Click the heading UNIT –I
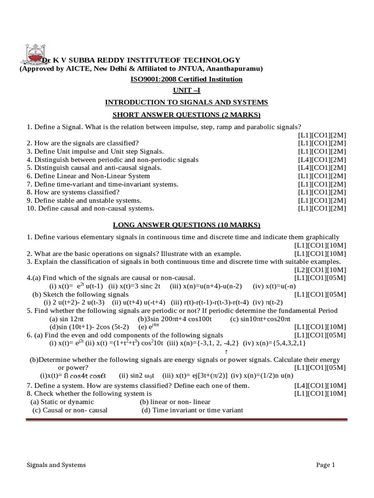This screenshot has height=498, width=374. [x=187, y=90]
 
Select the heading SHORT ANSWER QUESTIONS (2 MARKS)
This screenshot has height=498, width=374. [x=187, y=114]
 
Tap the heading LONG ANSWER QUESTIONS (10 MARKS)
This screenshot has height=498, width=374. [x=187, y=225]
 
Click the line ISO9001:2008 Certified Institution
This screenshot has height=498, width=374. [x=187, y=79]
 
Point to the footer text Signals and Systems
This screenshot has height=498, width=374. [x=56, y=465]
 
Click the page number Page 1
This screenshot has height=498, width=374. [x=326, y=465]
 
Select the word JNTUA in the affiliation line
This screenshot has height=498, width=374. [x=200, y=69]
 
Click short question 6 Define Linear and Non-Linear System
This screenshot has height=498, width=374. [x=89, y=176]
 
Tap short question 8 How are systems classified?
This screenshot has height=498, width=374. [x=73, y=192]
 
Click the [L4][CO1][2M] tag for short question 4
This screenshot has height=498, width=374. [x=322, y=160]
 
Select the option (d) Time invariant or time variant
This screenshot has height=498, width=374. [x=192, y=410]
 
